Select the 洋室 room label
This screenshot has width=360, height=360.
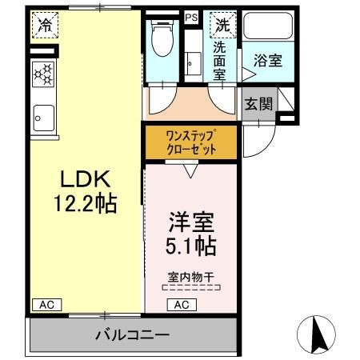point(190,222)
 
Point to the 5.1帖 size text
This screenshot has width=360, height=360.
point(190,246)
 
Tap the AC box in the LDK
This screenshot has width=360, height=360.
point(47,304)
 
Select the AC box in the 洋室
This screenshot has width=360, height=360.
point(182,304)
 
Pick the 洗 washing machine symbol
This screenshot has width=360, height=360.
point(220,25)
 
